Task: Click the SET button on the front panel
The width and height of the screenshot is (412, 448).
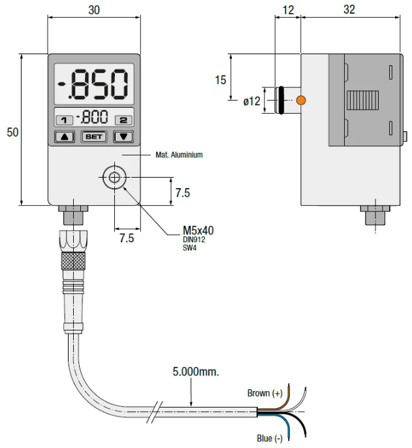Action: (93, 137)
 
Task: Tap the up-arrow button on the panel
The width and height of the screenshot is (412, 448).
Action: (65, 137)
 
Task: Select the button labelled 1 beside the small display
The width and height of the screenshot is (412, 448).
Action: (65, 120)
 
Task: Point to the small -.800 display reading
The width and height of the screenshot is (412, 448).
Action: (92, 119)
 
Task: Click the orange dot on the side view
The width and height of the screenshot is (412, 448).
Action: (300, 101)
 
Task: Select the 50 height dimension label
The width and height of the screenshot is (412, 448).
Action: (12, 132)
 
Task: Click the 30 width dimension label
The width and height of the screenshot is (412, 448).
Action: (94, 10)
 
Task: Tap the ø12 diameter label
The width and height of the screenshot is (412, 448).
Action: (251, 101)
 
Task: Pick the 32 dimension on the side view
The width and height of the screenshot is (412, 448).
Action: (349, 10)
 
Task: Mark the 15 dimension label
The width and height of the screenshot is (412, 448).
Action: (221, 80)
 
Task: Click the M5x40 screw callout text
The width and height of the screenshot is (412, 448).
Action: (198, 230)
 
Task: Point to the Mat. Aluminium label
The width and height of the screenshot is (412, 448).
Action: (179, 155)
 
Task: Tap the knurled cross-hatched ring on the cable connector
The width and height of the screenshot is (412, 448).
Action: (73, 261)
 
